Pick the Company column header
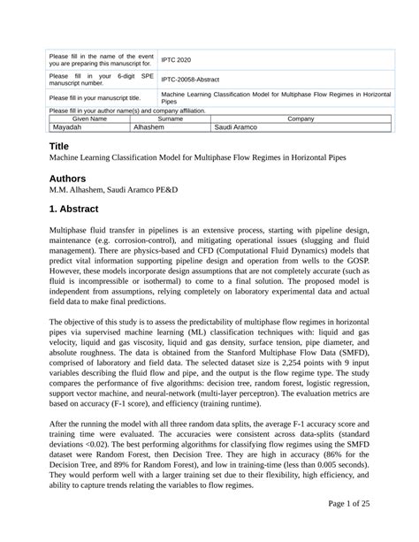(x=301, y=118)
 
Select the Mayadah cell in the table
(x=66, y=127)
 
